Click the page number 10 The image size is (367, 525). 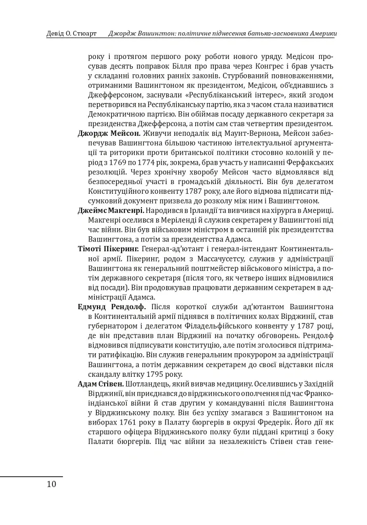click(51, 484)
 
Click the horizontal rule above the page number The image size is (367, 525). click(31, 476)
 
